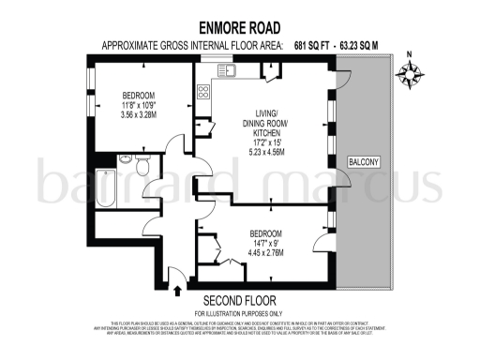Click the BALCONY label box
364,162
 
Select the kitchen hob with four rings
203,91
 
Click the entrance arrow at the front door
178,276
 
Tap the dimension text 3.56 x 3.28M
139,114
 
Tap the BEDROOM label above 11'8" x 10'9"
139,95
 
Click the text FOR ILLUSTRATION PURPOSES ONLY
239,312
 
